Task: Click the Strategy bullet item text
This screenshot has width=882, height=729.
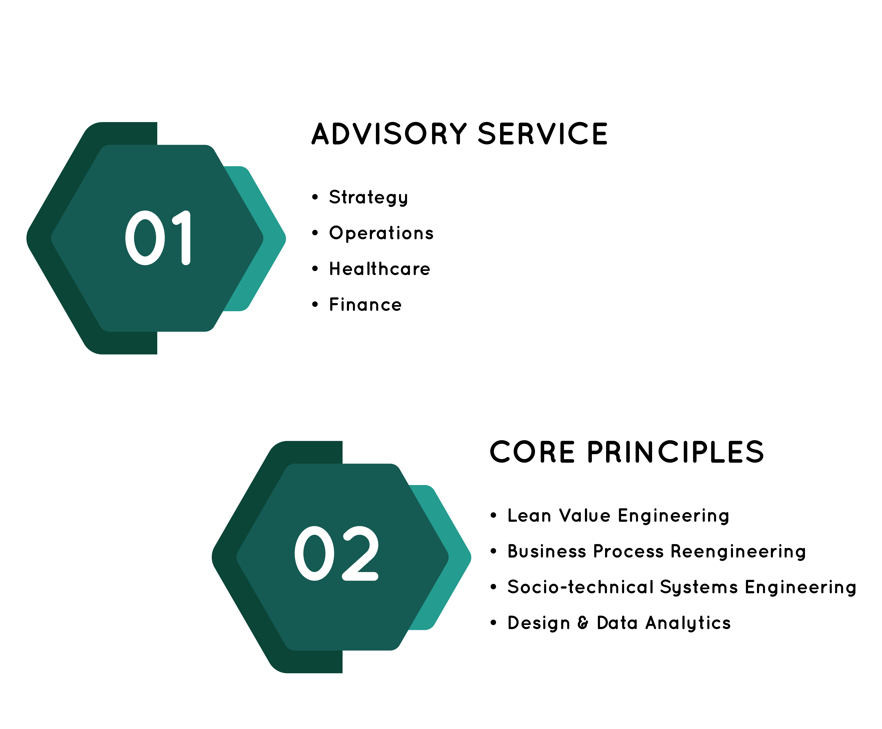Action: coord(368,197)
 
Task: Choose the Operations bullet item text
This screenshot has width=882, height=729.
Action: coord(381,233)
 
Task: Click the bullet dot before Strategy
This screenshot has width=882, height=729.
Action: coord(315,197)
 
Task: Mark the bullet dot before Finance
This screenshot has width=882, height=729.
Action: coord(315,304)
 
